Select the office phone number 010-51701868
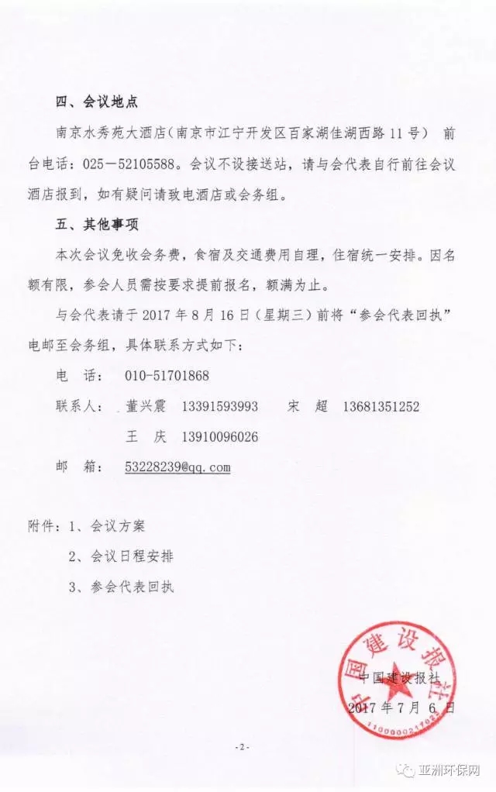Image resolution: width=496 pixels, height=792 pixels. [x=167, y=376]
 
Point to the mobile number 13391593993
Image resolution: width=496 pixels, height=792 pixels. [x=219, y=406]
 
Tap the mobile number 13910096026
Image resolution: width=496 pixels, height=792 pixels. [x=219, y=436]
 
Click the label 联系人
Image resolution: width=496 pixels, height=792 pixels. [x=78, y=406]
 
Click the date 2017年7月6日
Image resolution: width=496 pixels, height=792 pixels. [x=401, y=708]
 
